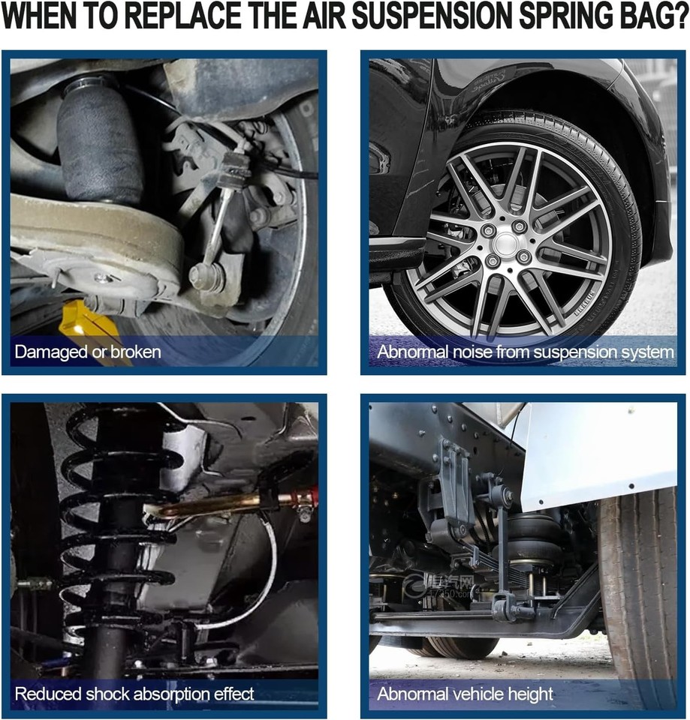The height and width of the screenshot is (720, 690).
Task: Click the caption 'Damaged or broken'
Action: tap(88, 351)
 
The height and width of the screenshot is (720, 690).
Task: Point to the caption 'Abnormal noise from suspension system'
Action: tap(525, 351)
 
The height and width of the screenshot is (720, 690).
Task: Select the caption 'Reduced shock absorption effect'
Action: tap(134, 693)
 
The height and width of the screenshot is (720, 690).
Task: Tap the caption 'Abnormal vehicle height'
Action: tap(465, 693)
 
